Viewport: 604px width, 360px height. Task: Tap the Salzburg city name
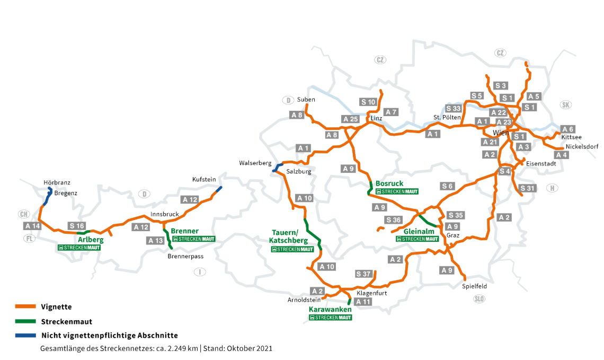[299, 172]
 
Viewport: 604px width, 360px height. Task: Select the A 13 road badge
[156, 241]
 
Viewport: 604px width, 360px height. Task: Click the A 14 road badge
[33, 226]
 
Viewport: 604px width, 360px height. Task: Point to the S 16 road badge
[77, 226]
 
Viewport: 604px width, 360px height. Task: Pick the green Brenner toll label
[185, 231]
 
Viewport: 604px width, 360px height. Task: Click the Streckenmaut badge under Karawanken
[330, 318]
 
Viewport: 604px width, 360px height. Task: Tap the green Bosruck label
[389, 183]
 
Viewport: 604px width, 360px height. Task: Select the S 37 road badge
[364, 274]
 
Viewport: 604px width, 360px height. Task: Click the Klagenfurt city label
[371, 293]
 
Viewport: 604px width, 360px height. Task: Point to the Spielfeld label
[474, 286]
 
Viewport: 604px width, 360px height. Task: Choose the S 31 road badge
[528, 188]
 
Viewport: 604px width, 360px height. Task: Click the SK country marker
[566, 104]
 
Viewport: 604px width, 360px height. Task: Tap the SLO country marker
[479, 299]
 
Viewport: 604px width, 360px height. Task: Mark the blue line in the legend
[25, 336]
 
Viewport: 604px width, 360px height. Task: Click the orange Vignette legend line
[25, 307]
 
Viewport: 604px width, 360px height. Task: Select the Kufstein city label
[204, 180]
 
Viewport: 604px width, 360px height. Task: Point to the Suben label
[306, 100]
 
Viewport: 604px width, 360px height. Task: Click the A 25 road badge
[351, 119]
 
